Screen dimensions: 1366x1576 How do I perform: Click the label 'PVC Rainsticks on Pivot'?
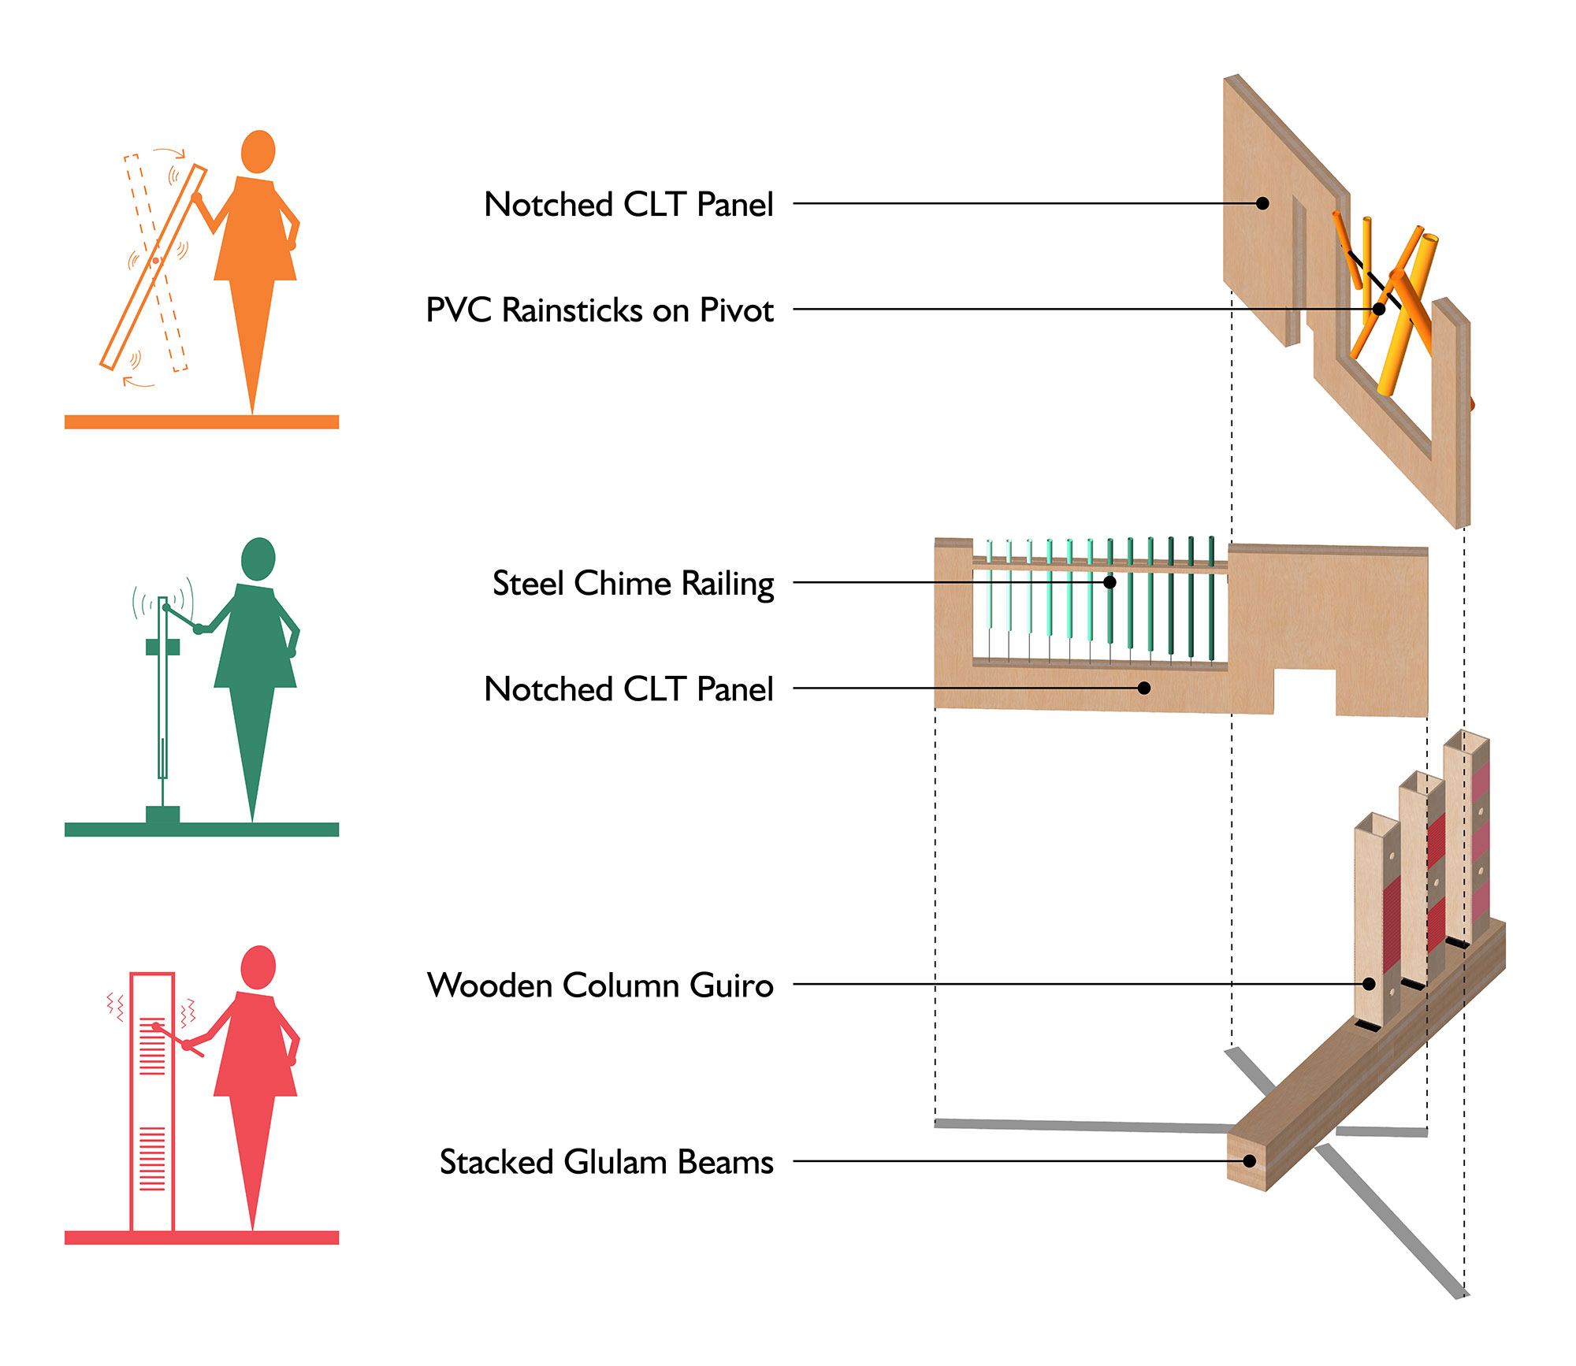pos(599,310)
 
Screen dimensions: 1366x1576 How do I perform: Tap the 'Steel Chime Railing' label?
pos(633,584)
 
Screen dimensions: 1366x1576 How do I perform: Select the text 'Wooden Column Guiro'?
pos(600,986)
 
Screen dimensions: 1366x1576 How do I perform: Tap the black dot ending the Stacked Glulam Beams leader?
pos(1249,1161)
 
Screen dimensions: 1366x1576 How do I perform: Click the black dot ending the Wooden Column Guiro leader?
pos(1369,984)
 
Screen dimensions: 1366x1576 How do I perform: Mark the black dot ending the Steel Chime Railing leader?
pos(1110,582)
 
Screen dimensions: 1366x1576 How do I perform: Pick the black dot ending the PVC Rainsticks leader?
pos(1379,309)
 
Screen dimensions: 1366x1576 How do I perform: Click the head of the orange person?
pos(258,150)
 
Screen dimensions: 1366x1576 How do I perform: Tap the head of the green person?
pos(258,558)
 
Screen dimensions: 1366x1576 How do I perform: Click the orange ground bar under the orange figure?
pos(202,422)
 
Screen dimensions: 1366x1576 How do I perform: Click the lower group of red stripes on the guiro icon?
pos(152,1159)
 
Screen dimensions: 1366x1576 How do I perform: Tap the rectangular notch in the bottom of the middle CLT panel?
pos(1304,691)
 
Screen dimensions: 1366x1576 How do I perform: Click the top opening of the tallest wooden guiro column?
pos(1466,741)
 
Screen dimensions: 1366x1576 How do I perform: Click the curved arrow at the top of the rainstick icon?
pos(170,151)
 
